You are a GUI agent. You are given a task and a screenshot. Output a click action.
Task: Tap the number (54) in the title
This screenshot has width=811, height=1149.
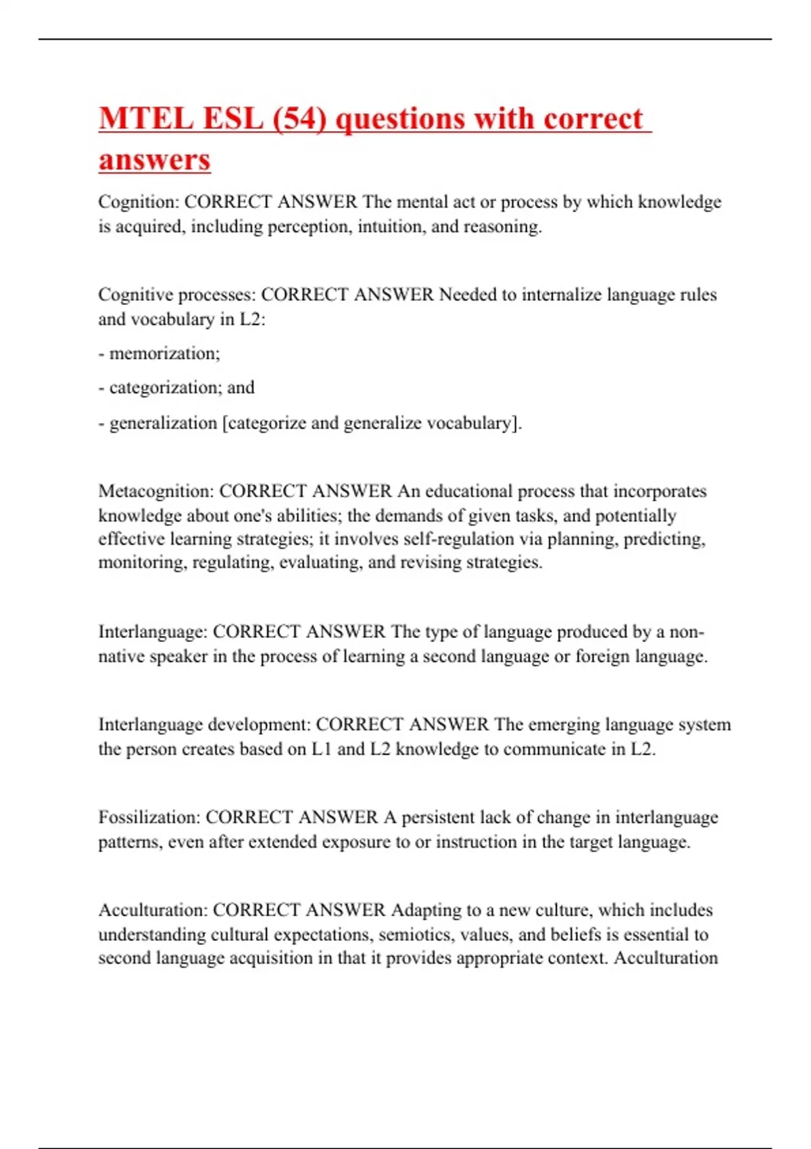click(x=299, y=119)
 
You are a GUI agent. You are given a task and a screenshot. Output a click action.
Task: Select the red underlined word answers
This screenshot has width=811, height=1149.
click(x=155, y=160)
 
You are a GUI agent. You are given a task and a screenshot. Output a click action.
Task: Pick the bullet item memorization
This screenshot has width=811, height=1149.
click(x=164, y=353)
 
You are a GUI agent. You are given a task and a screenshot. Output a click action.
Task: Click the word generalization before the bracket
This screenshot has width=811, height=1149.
click(x=163, y=423)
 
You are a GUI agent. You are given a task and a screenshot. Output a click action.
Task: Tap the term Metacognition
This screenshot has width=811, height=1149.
click(x=155, y=491)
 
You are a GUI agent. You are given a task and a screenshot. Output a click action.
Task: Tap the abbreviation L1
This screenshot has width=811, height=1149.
click(x=321, y=750)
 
